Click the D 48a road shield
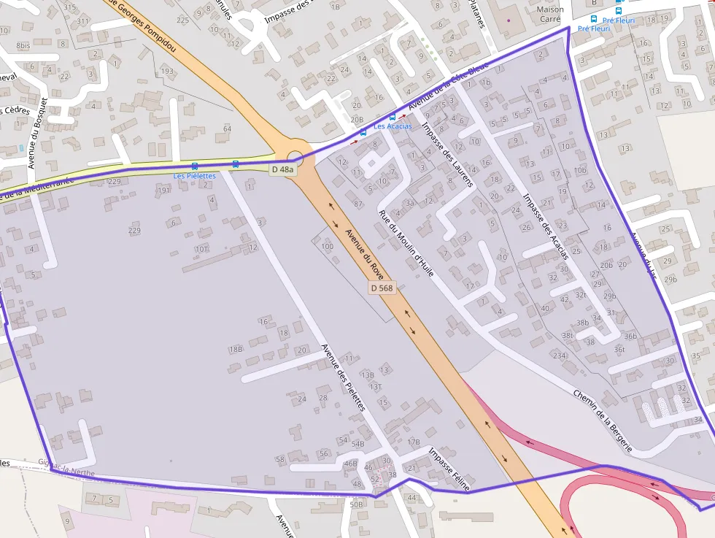point(283,169)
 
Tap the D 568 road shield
point(382,288)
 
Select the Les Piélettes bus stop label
point(194,176)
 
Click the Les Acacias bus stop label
point(393,126)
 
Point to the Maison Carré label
point(550,15)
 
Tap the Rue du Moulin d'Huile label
point(406,244)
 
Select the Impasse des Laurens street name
point(448,154)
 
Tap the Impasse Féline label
point(449,469)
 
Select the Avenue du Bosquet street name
point(37,133)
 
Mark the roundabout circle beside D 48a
point(295,158)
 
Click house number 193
point(167,71)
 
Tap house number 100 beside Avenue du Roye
point(327,247)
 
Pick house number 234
point(559,356)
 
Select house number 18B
point(236,349)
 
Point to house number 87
point(358,204)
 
